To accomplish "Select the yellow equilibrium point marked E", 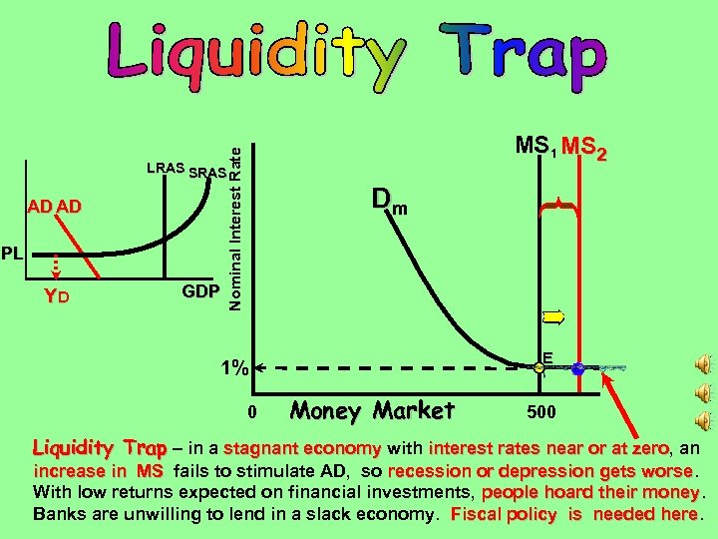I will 539,369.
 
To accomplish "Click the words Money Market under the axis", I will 372,410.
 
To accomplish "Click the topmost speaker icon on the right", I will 704,361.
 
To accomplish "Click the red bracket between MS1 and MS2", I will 561,207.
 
